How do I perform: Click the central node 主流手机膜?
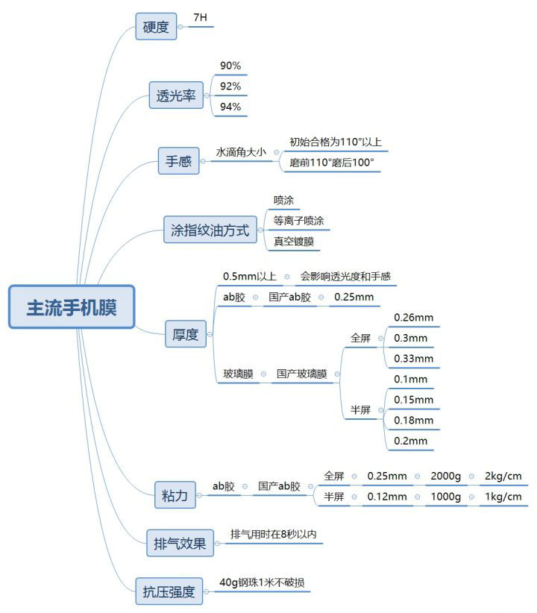coord(72,306)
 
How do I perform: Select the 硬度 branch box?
coord(156,28)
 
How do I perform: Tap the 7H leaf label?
coord(200,16)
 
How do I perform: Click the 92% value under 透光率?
coord(230,87)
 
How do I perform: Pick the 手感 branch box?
coord(178,160)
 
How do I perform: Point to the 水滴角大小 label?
coord(240,151)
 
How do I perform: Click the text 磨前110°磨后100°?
coord(331,162)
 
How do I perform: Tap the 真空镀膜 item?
coord(293,242)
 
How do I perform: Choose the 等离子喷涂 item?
coord(298,221)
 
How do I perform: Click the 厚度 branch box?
coord(185,334)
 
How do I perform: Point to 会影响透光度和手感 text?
coord(345,276)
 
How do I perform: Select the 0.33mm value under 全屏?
coord(413,359)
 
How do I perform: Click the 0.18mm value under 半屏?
coord(413,421)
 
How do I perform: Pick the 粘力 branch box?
coord(175,494)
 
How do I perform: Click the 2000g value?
coord(446,476)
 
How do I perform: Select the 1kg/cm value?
coord(503,497)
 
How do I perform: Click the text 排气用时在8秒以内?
coord(277,534)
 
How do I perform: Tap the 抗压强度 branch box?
coord(169,591)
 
